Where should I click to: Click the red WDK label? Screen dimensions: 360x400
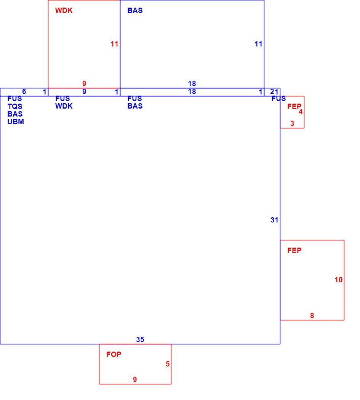[x=64, y=10]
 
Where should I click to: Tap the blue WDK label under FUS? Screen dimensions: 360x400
[x=64, y=106]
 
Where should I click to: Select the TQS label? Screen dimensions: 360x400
[x=15, y=106]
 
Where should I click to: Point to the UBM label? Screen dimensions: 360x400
[x=16, y=122]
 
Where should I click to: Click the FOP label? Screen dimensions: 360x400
[x=114, y=354]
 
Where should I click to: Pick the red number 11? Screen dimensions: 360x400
[x=114, y=44]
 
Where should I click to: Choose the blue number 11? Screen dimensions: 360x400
[x=258, y=44]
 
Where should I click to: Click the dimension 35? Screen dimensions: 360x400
[x=140, y=339]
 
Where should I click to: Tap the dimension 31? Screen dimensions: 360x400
[x=274, y=220]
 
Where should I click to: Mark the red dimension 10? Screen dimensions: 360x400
[x=339, y=280]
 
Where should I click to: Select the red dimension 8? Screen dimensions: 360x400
[x=312, y=315]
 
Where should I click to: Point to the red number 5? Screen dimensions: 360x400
[x=168, y=364]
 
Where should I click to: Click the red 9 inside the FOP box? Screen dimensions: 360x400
[x=135, y=379]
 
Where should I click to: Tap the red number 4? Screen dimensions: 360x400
[x=301, y=112]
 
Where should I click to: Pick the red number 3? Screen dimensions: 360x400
[x=292, y=124]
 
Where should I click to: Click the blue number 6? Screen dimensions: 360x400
[x=24, y=91]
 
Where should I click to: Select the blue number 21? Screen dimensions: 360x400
[x=274, y=91]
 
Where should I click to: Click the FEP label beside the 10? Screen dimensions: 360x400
[x=294, y=250]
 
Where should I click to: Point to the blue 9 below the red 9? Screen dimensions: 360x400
[x=84, y=91]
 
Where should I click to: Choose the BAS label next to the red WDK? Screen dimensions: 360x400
[x=135, y=10]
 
